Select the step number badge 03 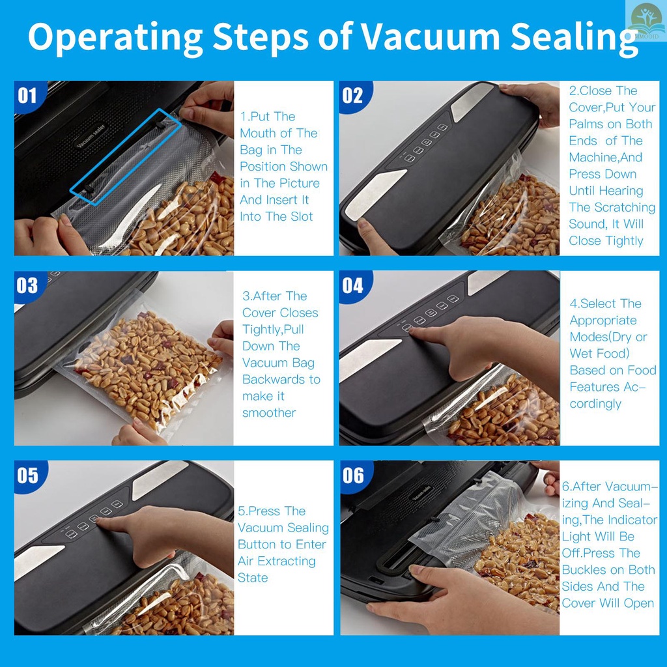click(28, 285)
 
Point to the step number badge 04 click(354, 285)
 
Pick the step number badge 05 click(28, 475)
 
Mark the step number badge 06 click(354, 475)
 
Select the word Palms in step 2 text click(586, 124)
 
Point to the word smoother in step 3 click(269, 412)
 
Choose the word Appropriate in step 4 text click(603, 320)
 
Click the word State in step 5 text click(253, 578)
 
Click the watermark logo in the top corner click(646, 20)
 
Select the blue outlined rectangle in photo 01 click(126, 158)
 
